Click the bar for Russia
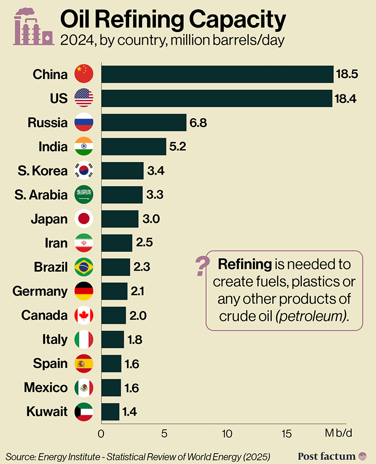tap(144, 123)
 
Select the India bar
tap(133, 147)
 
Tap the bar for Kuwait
tap(110, 412)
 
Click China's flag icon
tap(84, 74)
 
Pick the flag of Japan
tap(84, 219)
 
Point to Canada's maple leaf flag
tap(84, 315)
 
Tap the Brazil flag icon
tap(84, 267)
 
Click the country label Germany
tap(40, 291)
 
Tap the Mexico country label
tap(46, 387)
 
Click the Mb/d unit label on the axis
tap(338, 433)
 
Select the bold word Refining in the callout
tap(244, 264)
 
